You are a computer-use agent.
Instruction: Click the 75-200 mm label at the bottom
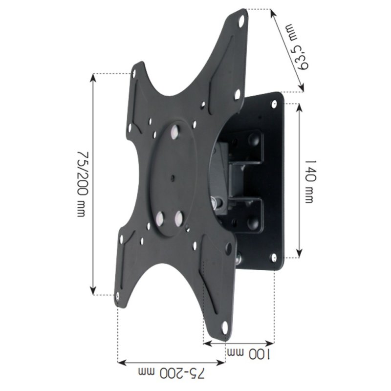171,374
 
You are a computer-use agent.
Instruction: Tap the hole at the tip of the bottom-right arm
225,328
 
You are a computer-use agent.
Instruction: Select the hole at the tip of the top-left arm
135,72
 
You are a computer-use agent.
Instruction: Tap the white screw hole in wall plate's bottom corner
274,257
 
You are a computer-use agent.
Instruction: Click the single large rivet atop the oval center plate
174,132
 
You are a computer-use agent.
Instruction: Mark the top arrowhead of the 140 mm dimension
298,106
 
